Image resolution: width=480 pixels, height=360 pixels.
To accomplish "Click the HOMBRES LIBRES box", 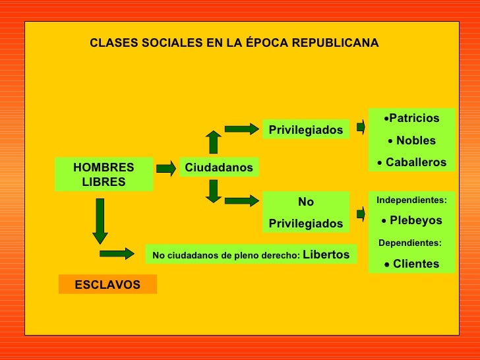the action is tap(104, 174).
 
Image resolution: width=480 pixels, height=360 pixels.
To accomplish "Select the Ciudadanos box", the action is tap(219, 167).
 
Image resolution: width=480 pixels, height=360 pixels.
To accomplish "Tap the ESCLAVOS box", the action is tap(107, 284).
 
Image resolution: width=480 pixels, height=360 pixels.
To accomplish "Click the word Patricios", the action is tap(413, 118).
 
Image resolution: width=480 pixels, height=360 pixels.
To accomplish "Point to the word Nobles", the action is tap(415, 140).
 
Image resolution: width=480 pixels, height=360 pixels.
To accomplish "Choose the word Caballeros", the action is tap(415, 162).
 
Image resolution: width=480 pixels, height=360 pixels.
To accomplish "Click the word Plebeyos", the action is tap(415, 220).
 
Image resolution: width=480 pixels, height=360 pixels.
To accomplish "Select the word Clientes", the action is tap(415, 264).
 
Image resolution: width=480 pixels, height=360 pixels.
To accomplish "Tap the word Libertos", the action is tap(326, 254).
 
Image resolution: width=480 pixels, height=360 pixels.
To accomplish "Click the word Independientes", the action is tap(410, 199).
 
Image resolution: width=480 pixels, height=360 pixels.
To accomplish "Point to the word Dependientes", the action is tap(409, 243).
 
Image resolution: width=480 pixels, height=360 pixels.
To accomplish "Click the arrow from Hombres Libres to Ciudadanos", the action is tap(165, 167).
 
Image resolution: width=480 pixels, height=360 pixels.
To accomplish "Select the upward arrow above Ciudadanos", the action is tap(213, 142).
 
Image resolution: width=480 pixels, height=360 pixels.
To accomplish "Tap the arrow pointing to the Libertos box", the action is tap(117, 254).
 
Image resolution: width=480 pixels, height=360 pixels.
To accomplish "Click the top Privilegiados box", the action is tap(306, 130).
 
